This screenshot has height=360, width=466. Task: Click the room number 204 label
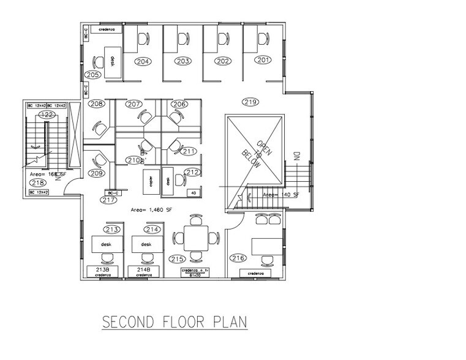click(x=143, y=61)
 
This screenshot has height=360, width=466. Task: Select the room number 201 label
click(x=263, y=61)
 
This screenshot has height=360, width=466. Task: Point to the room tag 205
click(x=92, y=75)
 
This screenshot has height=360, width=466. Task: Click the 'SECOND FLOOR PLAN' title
click(x=175, y=321)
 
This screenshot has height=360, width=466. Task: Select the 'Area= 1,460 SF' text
click(x=152, y=209)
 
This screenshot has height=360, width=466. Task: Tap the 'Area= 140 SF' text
click(x=280, y=194)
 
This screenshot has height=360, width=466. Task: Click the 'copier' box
click(x=149, y=181)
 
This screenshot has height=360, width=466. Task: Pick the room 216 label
click(x=238, y=258)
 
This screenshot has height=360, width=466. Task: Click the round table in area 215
click(x=195, y=238)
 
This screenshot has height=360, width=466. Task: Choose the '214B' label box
click(x=144, y=269)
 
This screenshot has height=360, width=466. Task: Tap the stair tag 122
click(x=46, y=114)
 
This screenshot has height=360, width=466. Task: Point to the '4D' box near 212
click(x=194, y=192)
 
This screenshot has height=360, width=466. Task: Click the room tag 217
click(x=109, y=200)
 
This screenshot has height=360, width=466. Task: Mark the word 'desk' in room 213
click(x=105, y=244)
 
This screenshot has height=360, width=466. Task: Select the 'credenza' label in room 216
click(x=255, y=272)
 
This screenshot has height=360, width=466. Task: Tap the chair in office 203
click(x=182, y=39)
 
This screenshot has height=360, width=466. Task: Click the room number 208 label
click(x=96, y=104)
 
